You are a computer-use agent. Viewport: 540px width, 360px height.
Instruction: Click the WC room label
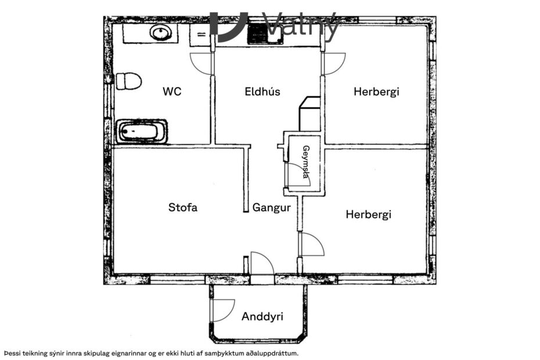[x=172, y=91]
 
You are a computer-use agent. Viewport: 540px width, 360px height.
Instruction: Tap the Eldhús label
[x=262, y=91]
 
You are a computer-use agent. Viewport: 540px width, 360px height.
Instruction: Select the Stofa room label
[x=183, y=207]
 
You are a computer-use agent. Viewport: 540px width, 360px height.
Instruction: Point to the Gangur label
[x=271, y=207]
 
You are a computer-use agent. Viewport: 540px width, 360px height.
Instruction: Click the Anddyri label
[x=262, y=316]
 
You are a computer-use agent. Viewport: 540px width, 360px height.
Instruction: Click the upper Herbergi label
[x=377, y=91]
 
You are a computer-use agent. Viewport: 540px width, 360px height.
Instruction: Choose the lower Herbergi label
[x=369, y=214]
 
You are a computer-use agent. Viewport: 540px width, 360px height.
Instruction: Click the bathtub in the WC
[x=142, y=132]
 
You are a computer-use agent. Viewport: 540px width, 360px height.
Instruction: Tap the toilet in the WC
[x=128, y=81]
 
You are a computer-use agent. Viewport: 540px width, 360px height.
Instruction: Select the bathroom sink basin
[x=160, y=33]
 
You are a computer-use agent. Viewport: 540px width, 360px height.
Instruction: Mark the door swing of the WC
[x=201, y=63]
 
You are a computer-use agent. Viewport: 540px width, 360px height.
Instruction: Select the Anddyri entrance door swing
[x=223, y=310]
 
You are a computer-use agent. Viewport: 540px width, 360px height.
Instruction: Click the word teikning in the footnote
[x=34, y=353]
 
